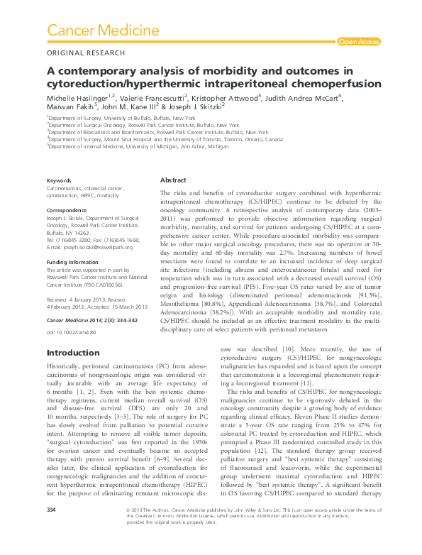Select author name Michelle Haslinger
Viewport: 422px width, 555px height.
click(79, 96)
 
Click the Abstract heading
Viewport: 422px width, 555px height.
click(174, 181)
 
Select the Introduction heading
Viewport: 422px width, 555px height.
click(72, 353)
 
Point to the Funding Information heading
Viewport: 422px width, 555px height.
click(74, 261)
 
